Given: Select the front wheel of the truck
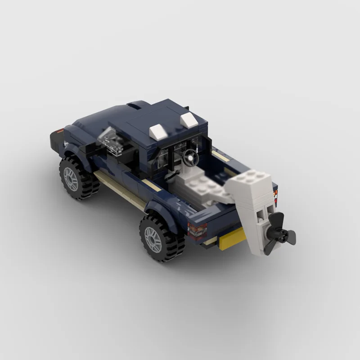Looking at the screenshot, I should coord(76,178).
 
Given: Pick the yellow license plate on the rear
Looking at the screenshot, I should coord(231,237).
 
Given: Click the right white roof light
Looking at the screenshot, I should coord(189,120).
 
